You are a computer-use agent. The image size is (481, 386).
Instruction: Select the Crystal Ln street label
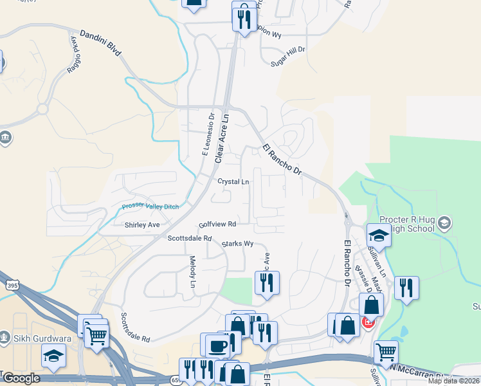(233, 182)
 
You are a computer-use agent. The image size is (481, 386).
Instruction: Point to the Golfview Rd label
(218, 225)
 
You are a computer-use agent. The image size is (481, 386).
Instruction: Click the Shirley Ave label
(142, 225)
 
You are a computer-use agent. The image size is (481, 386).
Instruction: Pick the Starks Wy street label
(237, 244)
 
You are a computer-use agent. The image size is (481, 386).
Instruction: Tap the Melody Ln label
(192, 271)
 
